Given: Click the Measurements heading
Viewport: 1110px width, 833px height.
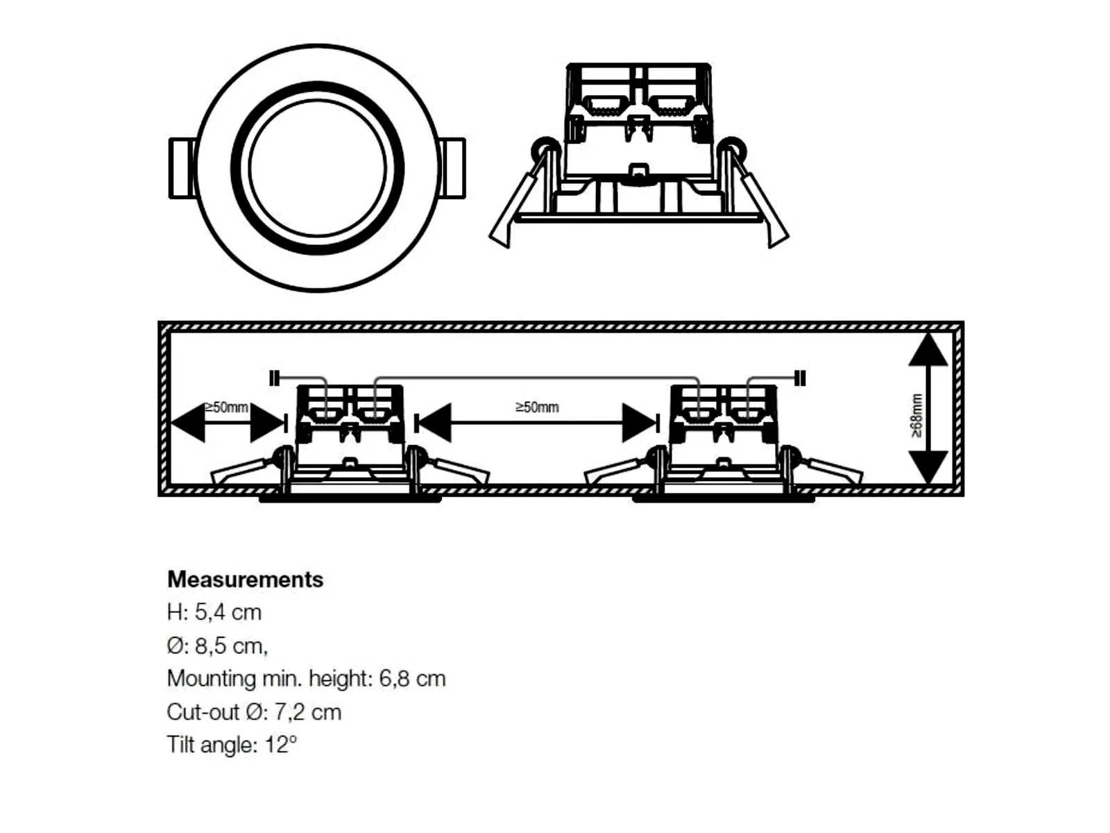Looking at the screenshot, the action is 245,580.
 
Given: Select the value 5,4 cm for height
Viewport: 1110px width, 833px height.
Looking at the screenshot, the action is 228,612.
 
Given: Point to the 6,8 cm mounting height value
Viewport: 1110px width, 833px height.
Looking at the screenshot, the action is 413,678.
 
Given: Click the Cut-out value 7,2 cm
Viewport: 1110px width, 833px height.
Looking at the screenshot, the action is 308,712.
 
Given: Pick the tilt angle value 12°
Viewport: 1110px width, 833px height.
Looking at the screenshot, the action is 281,744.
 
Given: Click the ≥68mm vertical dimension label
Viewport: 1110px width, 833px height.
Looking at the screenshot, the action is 916,415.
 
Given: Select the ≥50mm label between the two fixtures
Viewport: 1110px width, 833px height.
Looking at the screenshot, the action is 537,407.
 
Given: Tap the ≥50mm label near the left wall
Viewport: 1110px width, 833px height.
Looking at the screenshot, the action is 226,407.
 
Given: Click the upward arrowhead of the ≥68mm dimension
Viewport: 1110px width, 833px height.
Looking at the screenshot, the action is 928,349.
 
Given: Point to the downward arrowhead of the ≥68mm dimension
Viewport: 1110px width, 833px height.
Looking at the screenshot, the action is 928,466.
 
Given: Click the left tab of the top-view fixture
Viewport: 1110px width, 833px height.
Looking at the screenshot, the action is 182,168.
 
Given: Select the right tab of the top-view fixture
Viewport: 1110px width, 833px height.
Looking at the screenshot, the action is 452,168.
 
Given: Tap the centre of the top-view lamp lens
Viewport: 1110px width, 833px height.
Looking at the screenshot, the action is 318,168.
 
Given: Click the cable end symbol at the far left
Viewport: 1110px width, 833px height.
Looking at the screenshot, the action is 275,378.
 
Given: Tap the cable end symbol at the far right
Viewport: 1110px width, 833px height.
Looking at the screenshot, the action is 801,378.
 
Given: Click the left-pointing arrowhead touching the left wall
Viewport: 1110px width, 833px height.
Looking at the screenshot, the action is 188,422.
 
